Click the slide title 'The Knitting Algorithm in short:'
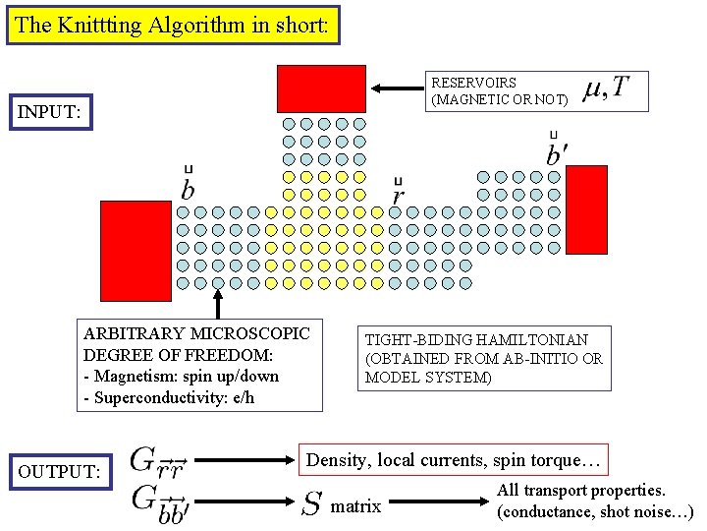[x=172, y=26]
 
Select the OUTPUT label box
[x=58, y=472]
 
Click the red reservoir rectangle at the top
[x=321, y=88]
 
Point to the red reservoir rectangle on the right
[x=588, y=208]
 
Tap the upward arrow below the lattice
[x=218, y=300]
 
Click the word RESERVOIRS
[x=474, y=83]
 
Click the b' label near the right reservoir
[x=557, y=153]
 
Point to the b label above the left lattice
[x=187, y=186]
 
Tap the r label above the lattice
[x=398, y=194]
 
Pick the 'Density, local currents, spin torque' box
[x=455, y=459]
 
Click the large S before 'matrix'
[x=311, y=505]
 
